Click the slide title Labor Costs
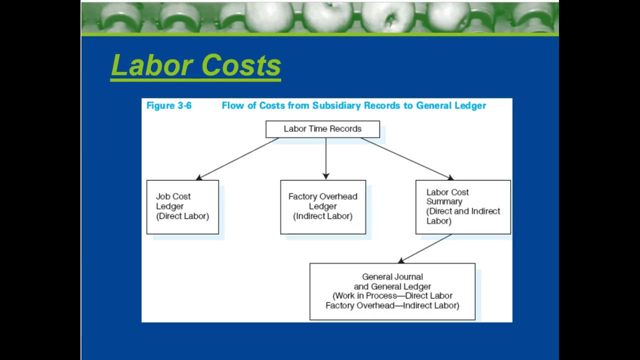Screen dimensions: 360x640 [x=195, y=65]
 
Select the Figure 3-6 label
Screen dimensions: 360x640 [x=168, y=105]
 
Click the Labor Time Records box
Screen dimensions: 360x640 [x=322, y=129]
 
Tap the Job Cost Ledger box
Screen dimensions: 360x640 [x=182, y=206]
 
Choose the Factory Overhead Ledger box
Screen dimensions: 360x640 [x=323, y=206]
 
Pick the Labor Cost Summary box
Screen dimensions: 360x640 [x=463, y=206]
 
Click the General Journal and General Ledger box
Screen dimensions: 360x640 [x=392, y=291]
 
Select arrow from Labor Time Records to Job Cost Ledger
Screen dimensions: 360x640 [x=237, y=158]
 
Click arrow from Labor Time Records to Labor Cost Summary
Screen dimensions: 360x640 [x=406, y=158]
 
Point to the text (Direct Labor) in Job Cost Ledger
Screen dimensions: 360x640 [x=182, y=216]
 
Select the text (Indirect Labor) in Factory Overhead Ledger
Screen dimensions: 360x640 [x=323, y=216]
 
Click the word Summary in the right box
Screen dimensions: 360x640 [x=444, y=201]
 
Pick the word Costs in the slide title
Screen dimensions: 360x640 [x=241, y=65]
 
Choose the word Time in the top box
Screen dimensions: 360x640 [x=322, y=129]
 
